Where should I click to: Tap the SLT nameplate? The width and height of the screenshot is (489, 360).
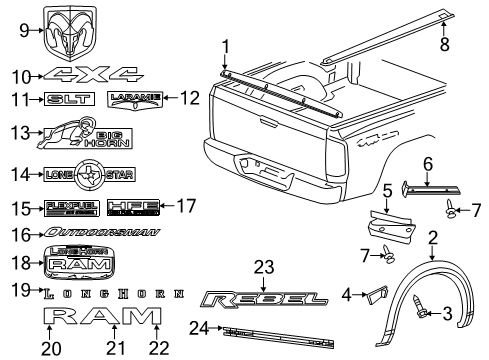click(x=71, y=98)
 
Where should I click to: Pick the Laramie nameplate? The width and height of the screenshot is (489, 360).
click(x=132, y=98)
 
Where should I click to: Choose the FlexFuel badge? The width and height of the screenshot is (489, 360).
click(x=70, y=208)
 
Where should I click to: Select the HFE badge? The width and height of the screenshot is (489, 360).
click(x=132, y=208)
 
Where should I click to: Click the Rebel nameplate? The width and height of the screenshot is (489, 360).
click(x=262, y=299)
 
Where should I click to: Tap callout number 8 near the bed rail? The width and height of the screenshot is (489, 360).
click(x=446, y=44)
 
